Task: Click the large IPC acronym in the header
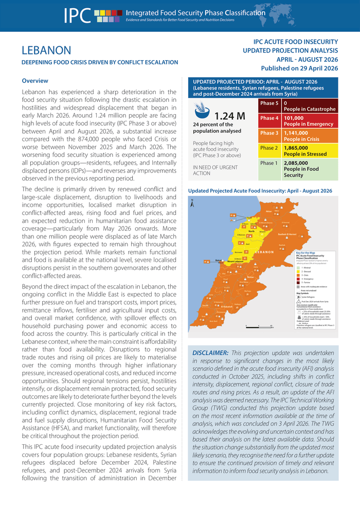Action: [78, 16]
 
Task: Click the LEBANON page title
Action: [46, 50]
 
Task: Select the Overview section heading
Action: [35, 81]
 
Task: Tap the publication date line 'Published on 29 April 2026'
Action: [299, 68]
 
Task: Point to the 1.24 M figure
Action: [229, 116]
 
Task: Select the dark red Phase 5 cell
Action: [269, 103]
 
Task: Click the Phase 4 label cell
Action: [269, 118]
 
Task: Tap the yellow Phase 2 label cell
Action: [269, 148]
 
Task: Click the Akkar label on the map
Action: [268, 211]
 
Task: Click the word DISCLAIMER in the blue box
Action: [210, 353]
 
